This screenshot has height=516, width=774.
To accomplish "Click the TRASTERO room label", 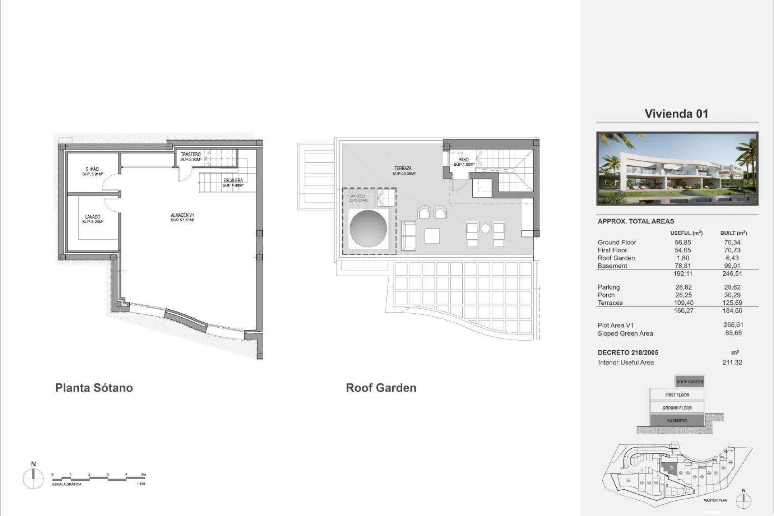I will [191, 154].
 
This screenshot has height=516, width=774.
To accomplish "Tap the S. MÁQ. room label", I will [92, 169].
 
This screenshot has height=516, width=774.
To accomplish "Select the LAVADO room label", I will [92, 217].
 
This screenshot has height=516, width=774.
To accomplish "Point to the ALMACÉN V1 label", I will [182, 215].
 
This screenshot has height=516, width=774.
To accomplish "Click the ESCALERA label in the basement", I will [233, 181].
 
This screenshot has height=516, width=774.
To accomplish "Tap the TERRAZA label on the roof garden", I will [403, 168].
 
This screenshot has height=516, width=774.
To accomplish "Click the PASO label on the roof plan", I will [464, 160].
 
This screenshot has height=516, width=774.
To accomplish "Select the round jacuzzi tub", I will [368, 229].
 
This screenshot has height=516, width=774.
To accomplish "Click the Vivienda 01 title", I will [676, 114].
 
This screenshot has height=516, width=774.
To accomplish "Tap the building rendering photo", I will [677, 169].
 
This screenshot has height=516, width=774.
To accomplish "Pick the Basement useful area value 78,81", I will [683, 266].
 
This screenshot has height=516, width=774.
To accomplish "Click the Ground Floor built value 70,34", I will [732, 242].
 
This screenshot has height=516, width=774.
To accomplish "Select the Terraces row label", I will [610, 303].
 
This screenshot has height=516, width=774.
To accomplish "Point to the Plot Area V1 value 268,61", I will [733, 325].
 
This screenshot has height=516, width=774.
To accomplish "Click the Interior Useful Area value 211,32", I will [732, 362].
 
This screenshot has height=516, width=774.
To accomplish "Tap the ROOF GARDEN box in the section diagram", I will [690, 382].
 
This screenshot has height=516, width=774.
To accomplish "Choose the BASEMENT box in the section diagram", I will [677, 420].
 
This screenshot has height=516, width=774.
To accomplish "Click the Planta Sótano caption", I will [94, 388].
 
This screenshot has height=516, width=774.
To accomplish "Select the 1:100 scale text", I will [141, 484].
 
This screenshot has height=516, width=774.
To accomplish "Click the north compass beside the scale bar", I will [33, 479].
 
